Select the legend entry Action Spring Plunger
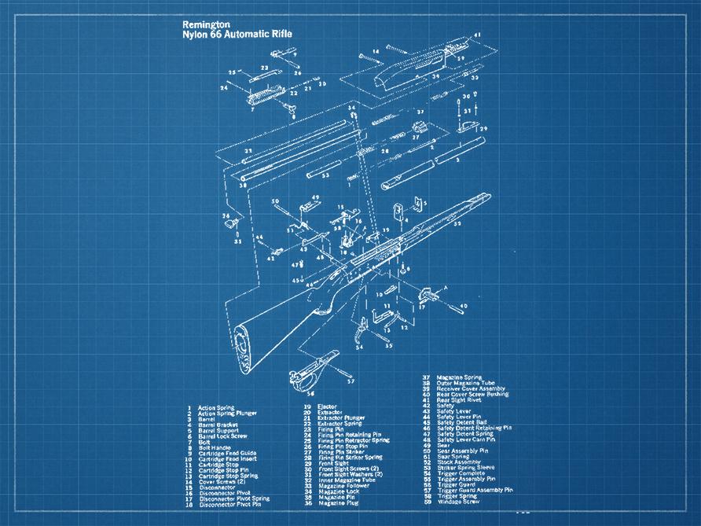(x=227, y=413)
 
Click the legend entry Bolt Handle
(x=213, y=447)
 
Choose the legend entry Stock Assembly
(x=460, y=462)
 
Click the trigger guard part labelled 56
(x=314, y=370)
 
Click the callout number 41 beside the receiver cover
(x=477, y=35)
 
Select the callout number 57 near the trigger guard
(x=350, y=381)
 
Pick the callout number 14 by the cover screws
(x=376, y=51)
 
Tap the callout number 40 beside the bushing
(x=464, y=306)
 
